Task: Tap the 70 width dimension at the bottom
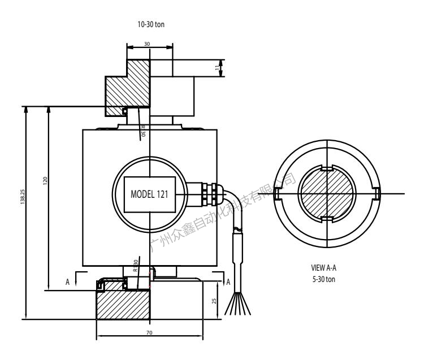(x=149, y=333)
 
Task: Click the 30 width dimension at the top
(x=149, y=43)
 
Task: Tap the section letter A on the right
(x=228, y=281)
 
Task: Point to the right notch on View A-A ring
(x=377, y=194)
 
